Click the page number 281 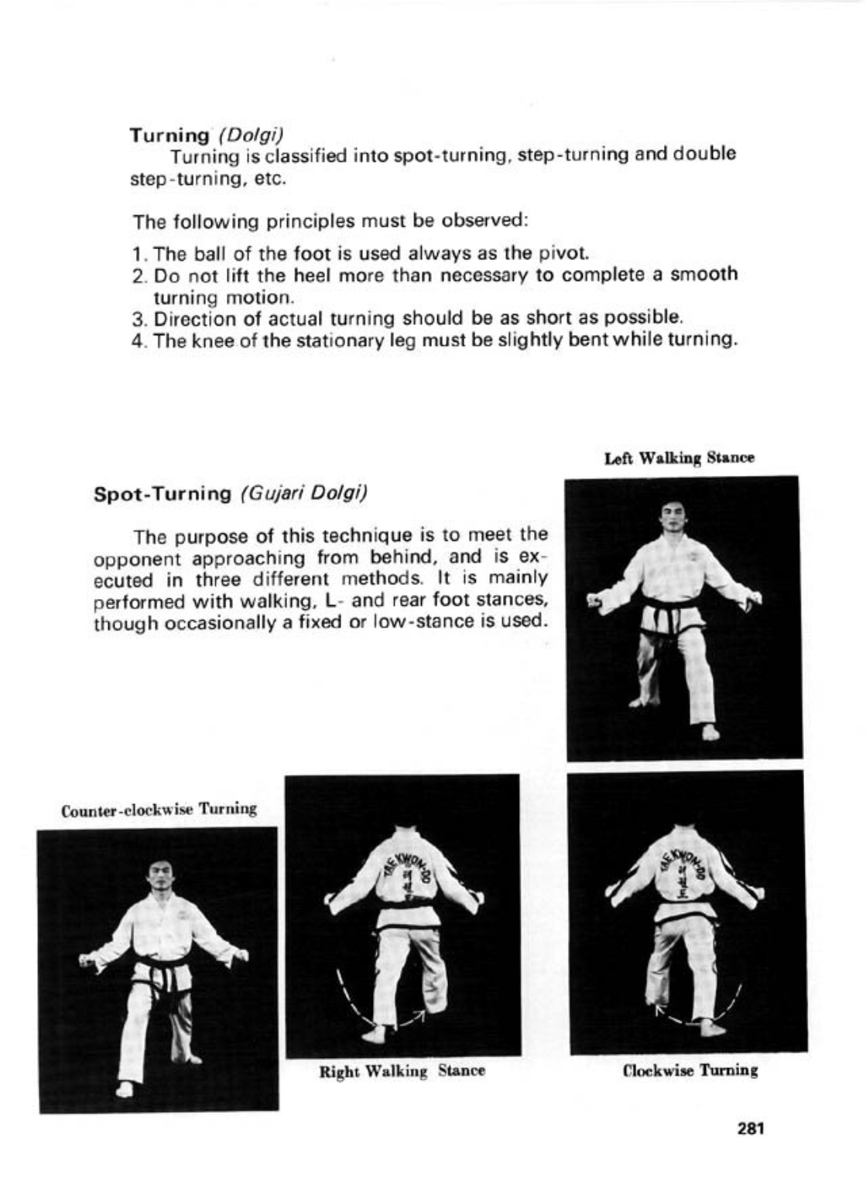[750, 1128]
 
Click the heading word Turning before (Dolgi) [169, 135]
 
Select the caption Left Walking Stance [679, 458]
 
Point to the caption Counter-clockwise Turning [159, 810]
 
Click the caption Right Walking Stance [402, 1072]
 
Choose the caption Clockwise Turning [690, 1070]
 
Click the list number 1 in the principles [137, 254]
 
